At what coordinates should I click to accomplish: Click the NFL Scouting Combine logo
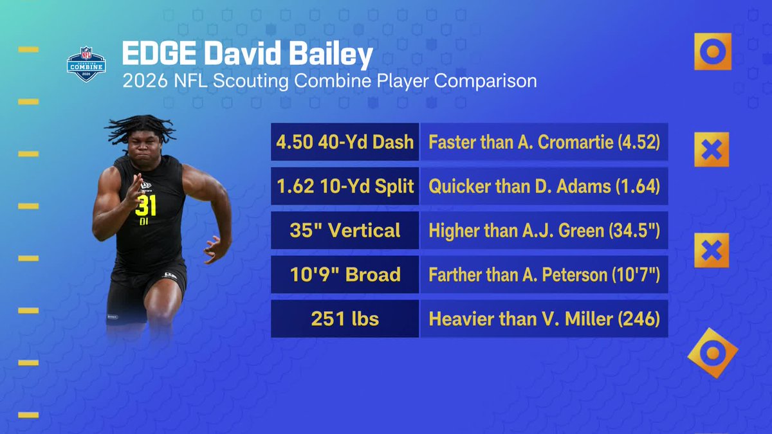coord(86,64)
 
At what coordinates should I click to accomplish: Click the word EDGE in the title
coord(159,53)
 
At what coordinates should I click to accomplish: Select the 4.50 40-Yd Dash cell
coord(345,142)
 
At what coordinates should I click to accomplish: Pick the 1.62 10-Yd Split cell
coord(345,186)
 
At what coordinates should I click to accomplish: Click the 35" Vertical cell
coord(345,230)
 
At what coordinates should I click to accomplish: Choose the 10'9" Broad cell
coord(345,274)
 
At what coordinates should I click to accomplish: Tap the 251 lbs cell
coord(345,319)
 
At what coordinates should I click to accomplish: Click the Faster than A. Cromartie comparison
coord(544,142)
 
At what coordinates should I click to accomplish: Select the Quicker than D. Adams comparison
coord(544,186)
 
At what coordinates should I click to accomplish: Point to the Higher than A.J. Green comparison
coord(544,230)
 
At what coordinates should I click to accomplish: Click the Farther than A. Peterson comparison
coord(544,274)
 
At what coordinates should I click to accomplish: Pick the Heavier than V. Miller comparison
coord(544,319)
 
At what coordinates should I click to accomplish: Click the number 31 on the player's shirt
coord(145,206)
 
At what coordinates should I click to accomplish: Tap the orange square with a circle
coord(713,51)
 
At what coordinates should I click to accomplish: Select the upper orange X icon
coord(712,149)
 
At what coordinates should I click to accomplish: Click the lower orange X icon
coord(712,250)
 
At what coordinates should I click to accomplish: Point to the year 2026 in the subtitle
coord(145,81)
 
